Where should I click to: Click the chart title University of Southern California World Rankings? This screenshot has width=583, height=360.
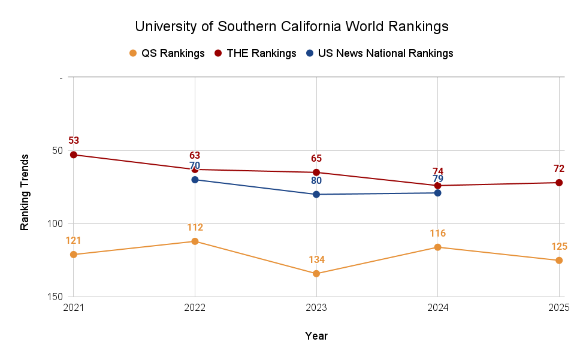click(291, 27)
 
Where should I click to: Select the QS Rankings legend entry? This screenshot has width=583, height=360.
click(167, 53)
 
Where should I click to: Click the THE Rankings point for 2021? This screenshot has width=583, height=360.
click(74, 155)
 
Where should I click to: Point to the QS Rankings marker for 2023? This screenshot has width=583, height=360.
click(316, 274)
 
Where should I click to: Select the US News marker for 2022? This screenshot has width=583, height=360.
click(195, 180)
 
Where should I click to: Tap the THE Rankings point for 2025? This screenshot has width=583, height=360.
click(559, 183)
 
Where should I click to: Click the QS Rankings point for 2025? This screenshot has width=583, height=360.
click(559, 261)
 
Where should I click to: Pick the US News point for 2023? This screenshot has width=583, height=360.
click(316, 194)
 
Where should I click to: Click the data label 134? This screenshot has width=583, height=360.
click(316, 260)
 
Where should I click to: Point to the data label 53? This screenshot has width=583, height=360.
click(74, 141)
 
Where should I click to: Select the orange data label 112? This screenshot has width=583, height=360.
click(195, 228)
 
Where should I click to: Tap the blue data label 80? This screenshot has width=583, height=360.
click(316, 180)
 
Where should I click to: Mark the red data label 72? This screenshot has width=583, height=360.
click(559, 169)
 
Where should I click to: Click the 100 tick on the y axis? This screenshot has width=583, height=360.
click(52, 223)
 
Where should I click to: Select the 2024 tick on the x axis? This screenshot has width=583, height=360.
click(437, 307)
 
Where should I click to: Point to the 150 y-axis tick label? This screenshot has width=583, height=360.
click(52, 297)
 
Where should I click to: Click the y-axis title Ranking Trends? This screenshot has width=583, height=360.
click(25, 192)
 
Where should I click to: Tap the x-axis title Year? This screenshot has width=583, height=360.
click(316, 335)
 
